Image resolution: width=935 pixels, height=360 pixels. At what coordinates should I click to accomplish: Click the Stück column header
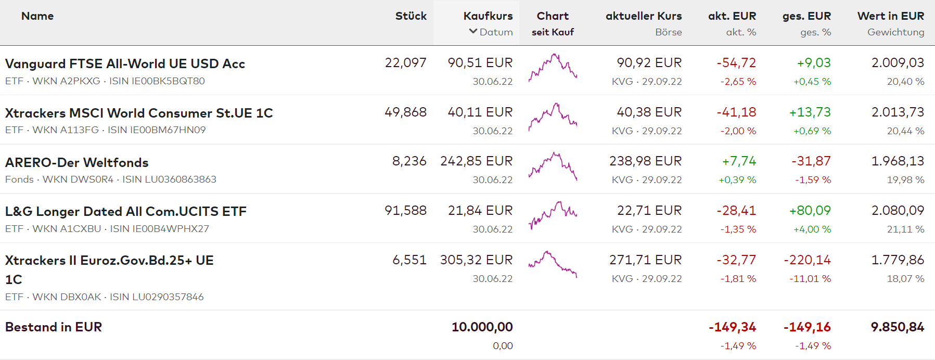pyautogui.click(x=411, y=16)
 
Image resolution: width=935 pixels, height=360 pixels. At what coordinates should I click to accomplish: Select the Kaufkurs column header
pyautogui.click(x=488, y=16)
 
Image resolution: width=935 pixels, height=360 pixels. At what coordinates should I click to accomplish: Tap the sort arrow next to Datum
pyautogui.click(x=473, y=31)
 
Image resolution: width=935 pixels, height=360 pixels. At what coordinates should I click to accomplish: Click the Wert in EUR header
pyautogui.click(x=890, y=16)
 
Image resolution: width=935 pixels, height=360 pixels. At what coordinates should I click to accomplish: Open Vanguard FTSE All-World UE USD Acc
pyautogui.click(x=125, y=63)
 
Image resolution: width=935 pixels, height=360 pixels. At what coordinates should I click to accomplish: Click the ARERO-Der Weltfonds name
pyautogui.click(x=77, y=162)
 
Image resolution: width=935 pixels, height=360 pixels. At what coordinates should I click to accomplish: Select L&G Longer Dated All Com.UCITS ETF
pyautogui.click(x=126, y=211)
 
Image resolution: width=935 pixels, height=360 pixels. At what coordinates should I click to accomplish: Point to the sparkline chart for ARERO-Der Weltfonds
pyautogui.click(x=553, y=166)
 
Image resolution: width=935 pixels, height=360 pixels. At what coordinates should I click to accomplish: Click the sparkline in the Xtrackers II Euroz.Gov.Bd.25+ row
pyautogui.click(x=553, y=264)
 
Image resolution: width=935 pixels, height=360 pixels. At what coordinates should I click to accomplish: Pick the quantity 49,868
pyautogui.click(x=405, y=112)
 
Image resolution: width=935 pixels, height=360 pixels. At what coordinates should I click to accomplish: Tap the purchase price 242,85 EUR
pyautogui.click(x=476, y=161)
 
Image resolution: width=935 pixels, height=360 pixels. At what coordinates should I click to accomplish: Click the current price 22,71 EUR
pyautogui.click(x=649, y=211)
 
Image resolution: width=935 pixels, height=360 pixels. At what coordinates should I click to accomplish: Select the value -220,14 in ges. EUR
pyautogui.click(x=807, y=260)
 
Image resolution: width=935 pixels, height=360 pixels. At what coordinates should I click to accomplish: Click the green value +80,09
pyautogui.click(x=810, y=211)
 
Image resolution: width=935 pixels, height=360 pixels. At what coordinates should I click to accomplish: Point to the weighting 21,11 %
pyautogui.click(x=905, y=229)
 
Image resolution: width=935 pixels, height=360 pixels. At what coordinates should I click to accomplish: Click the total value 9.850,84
pyautogui.click(x=897, y=327)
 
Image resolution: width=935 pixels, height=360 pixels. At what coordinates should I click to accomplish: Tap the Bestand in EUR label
pyautogui.click(x=54, y=327)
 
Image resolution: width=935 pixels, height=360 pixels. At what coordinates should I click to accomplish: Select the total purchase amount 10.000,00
pyautogui.click(x=482, y=327)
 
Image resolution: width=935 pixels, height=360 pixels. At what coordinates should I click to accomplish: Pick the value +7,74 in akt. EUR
pyautogui.click(x=739, y=161)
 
